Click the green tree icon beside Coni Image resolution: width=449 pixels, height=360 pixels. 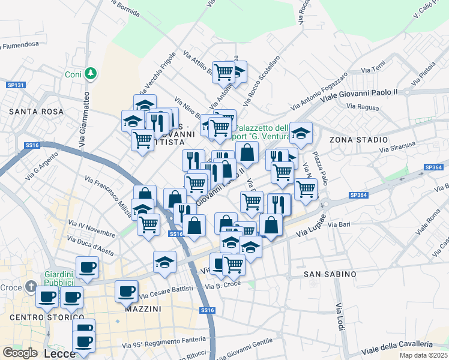coord(90,74)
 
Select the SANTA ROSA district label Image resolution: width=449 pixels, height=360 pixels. coord(28,112)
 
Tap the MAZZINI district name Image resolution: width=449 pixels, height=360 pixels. coord(143,309)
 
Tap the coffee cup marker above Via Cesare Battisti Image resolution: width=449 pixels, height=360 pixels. coord(126,291)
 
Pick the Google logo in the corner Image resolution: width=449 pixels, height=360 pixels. coord(20,353)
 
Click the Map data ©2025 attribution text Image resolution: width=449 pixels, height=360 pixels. coord(423,355)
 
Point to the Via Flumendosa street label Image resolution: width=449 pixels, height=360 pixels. coord(23,44)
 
